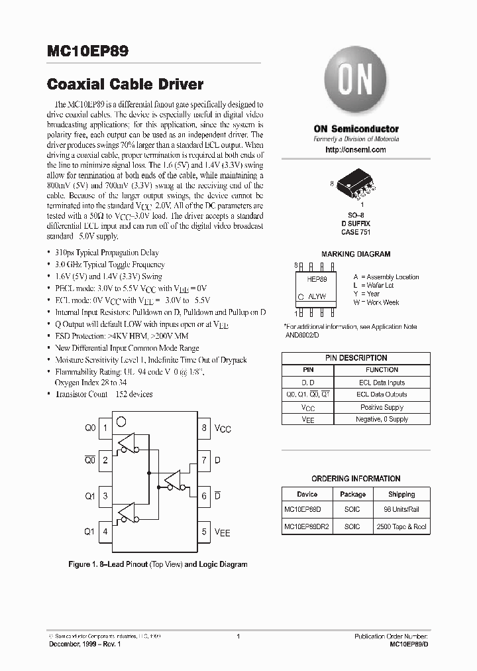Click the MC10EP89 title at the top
(89, 51)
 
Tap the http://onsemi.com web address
(355, 151)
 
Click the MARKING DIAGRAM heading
(355, 254)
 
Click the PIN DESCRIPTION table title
(356, 358)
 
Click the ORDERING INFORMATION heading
(356, 479)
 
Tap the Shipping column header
(401, 495)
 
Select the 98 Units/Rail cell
(401, 510)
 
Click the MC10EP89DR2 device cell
(307, 526)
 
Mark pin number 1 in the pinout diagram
(105, 428)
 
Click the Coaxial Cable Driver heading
(125, 86)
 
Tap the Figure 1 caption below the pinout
(158, 565)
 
